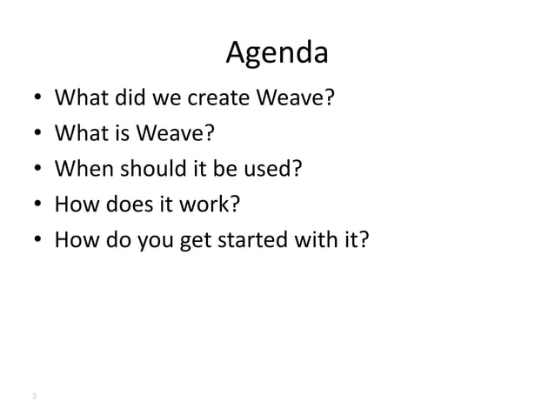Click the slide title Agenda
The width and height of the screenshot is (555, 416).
(277, 54)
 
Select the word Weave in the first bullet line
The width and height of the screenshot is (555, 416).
(291, 98)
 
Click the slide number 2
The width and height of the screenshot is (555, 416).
(33, 397)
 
